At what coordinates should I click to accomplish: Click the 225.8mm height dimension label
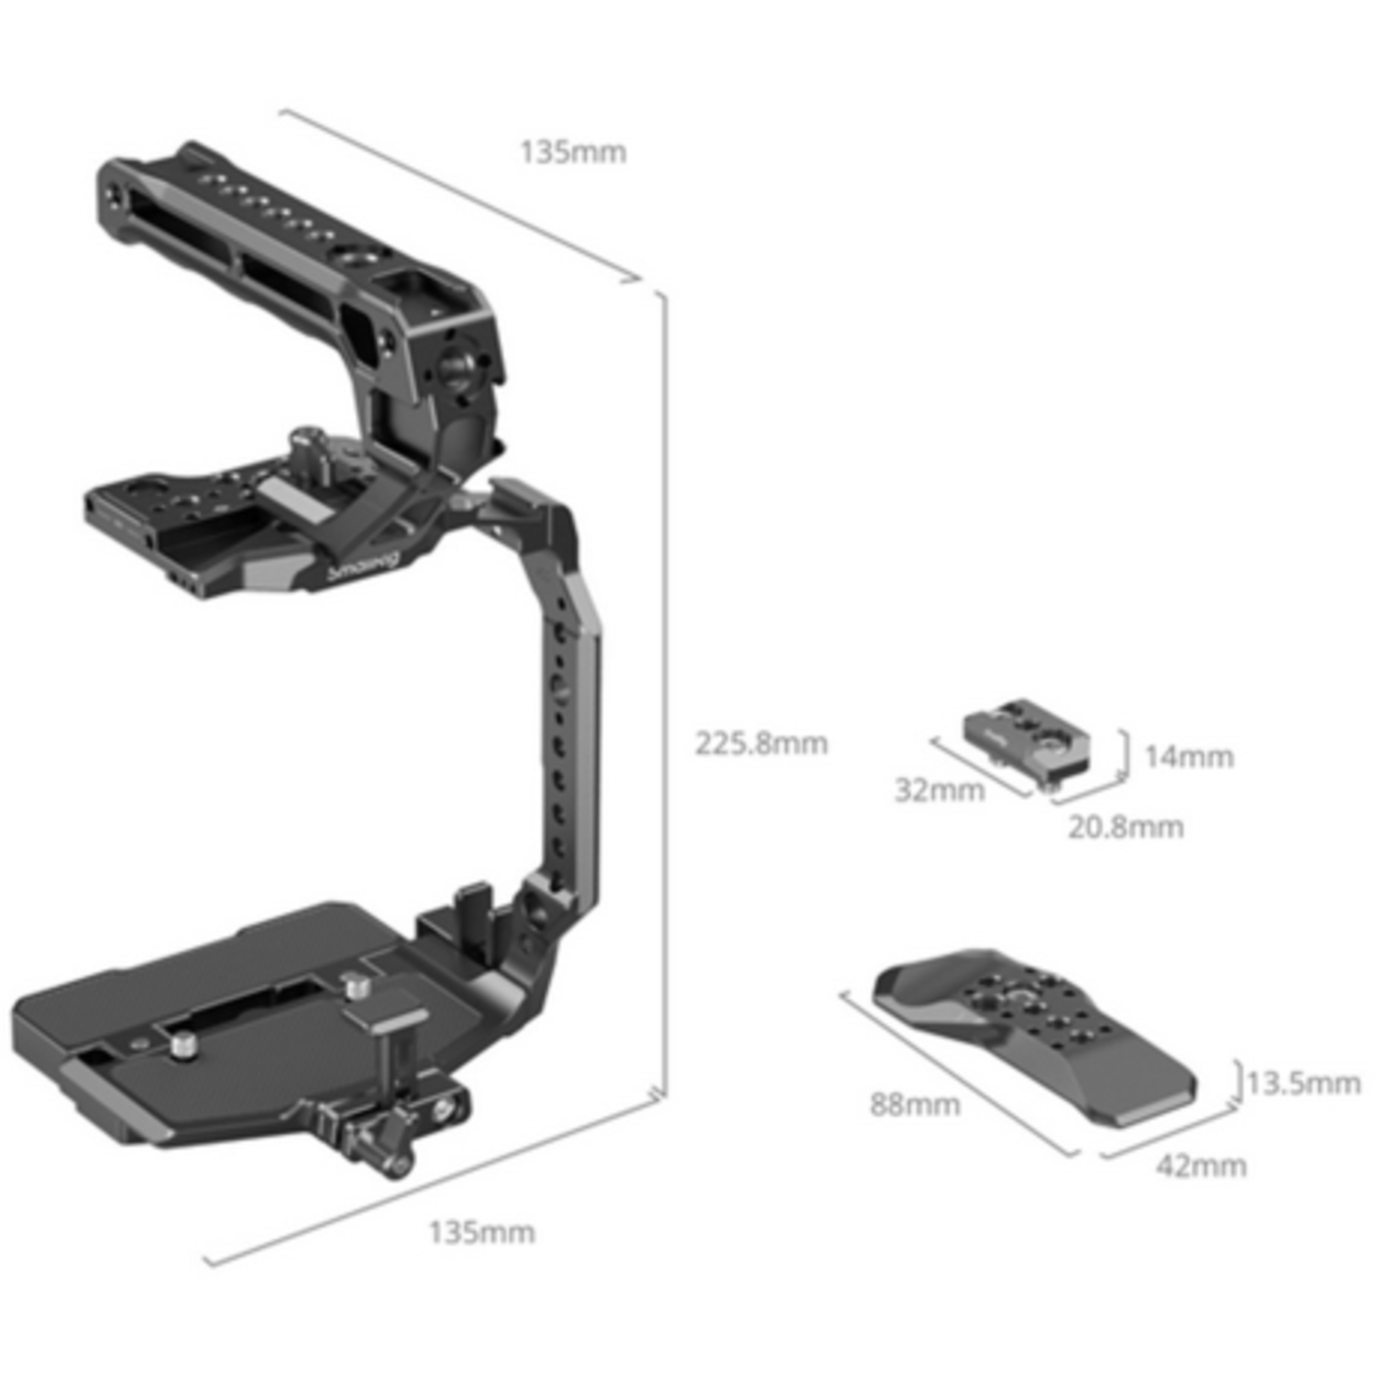[x=761, y=743]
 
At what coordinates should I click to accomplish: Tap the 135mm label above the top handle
[x=573, y=152]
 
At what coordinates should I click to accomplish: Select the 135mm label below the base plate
[x=481, y=1233]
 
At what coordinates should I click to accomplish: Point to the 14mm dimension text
[x=1189, y=757]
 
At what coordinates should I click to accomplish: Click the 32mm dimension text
[x=940, y=790]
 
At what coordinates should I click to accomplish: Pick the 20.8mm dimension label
[x=1126, y=828]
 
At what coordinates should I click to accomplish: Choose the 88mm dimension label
[x=915, y=1105]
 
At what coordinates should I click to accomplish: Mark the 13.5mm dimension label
[x=1303, y=1083]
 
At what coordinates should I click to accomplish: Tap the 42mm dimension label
[x=1201, y=1166]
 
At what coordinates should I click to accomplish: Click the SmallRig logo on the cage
[x=364, y=566]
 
